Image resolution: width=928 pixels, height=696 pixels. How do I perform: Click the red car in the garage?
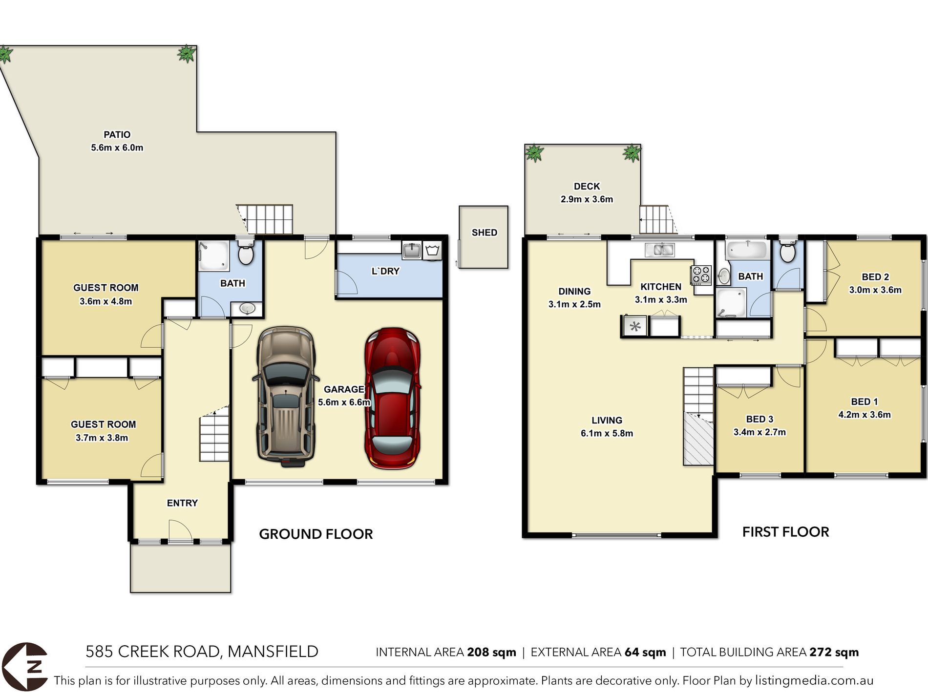(393, 398)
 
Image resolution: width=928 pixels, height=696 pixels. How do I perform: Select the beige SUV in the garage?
(286, 396)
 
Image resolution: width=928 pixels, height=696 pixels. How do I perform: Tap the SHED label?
(485, 232)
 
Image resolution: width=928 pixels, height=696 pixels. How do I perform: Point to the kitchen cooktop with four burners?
(701, 275)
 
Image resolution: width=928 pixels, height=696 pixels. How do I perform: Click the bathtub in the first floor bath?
(746, 250)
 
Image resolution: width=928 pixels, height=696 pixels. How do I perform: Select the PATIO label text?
(117, 134)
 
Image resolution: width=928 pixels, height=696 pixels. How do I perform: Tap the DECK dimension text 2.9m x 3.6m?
(587, 199)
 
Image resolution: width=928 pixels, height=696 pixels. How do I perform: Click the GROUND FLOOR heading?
(316, 534)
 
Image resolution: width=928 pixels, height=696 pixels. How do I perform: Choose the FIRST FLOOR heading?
(786, 532)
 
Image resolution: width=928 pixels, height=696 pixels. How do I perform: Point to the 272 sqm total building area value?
(834, 652)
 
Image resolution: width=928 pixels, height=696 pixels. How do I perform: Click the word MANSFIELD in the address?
(273, 652)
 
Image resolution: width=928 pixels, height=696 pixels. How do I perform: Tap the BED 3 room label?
(759, 419)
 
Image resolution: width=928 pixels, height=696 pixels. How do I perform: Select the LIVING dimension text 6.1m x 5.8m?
(607, 433)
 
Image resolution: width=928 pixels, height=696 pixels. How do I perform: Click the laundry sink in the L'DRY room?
(412, 251)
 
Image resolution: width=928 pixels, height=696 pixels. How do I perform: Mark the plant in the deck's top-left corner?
(534, 153)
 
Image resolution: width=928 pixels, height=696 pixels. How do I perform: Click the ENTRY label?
(182, 503)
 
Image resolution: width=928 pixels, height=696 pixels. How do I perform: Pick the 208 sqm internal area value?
(492, 652)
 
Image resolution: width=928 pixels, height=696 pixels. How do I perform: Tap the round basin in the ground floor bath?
(247, 309)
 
